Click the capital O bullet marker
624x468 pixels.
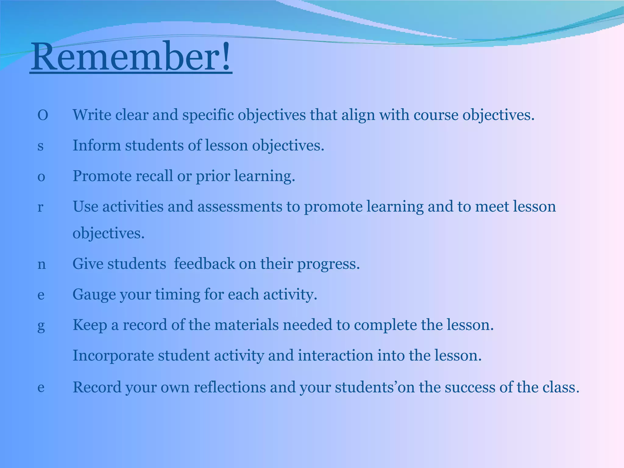point(43,116)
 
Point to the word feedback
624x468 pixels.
point(204,264)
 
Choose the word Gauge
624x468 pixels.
point(94,295)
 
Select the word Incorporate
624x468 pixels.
point(113,356)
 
